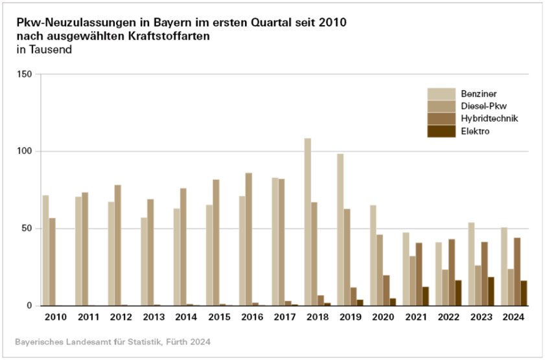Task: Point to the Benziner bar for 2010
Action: pos(46,250)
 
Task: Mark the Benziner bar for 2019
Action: pos(340,229)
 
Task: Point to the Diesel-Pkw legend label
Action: pos(481,106)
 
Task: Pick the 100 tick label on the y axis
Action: pos(24,152)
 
